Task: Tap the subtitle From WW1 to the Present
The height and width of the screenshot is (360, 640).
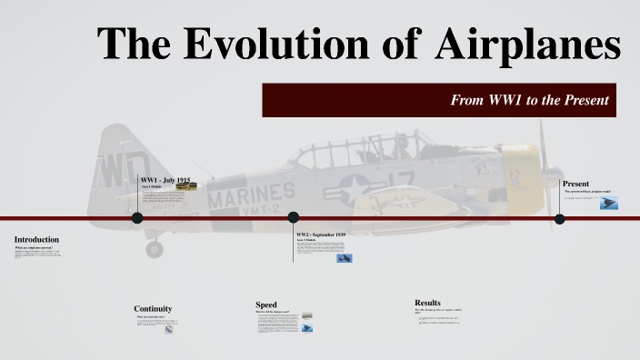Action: click(529, 100)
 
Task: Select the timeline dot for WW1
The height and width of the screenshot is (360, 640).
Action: click(137, 218)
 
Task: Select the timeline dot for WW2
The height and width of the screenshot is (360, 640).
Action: click(294, 218)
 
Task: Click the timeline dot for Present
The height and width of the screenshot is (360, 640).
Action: click(560, 219)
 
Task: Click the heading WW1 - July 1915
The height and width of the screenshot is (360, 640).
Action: click(165, 180)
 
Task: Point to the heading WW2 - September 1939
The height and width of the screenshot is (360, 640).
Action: click(321, 235)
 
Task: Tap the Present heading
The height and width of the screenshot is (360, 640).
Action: click(575, 184)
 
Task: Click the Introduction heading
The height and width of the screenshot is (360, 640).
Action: click(36, 239)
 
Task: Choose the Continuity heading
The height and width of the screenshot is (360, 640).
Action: click(153, 308)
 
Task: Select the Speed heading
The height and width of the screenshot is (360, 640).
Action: click(265, 305)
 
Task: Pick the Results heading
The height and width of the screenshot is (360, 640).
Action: click(427, 302)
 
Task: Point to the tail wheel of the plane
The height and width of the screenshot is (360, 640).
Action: click(155, 247)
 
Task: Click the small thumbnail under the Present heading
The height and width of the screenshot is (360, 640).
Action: click(609, 204)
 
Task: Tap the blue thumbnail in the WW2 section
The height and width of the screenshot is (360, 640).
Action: click(344, 259)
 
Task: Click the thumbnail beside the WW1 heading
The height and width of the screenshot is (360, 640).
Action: click(186, 186)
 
